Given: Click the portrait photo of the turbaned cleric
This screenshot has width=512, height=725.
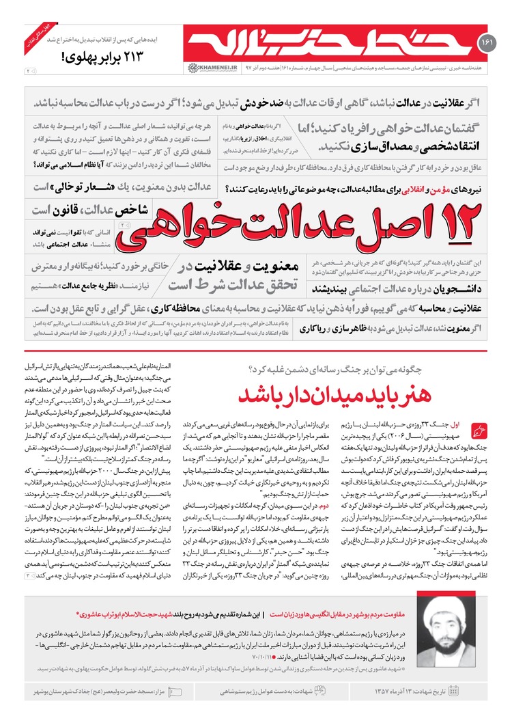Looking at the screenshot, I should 455,646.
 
